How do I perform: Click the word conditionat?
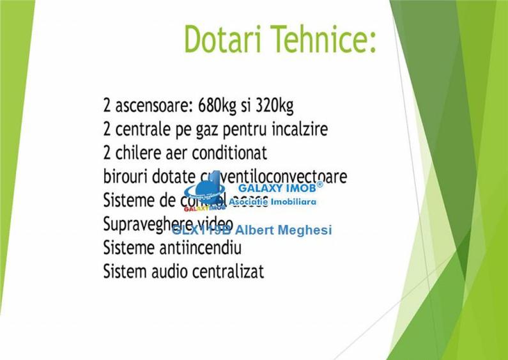(x=229, y=153)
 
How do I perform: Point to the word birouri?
(x=125, y=176)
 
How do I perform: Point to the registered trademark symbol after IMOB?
(x=319, y=184)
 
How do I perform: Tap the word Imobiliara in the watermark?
(x=293, y=201)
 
